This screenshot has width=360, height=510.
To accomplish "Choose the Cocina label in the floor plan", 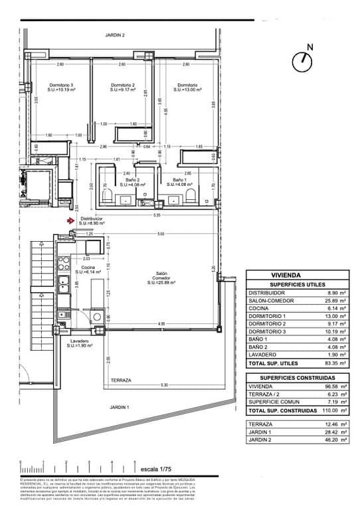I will [x=88, y=268].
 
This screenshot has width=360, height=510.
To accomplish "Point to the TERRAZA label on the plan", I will [x=121, y=381].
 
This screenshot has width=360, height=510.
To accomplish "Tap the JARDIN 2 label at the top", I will [x=115, y=35].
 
